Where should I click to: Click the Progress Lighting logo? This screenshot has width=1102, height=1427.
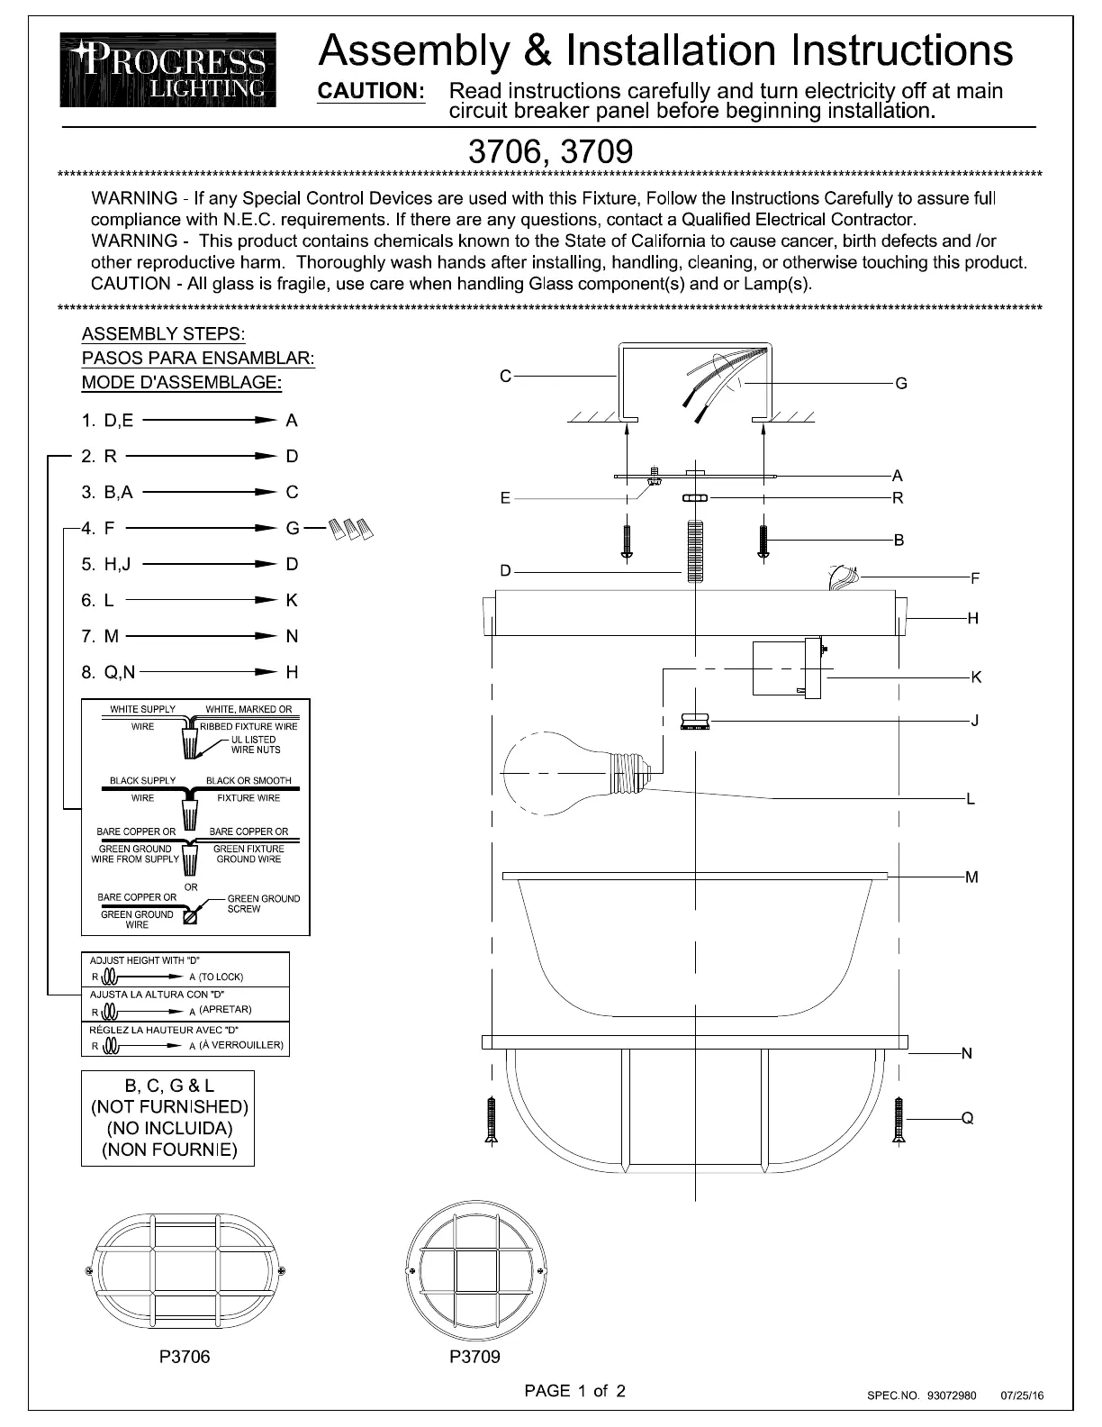pos(168,69)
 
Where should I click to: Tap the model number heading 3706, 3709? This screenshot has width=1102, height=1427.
pos(550,150)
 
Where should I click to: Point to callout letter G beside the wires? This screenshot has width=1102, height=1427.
pos(901,384)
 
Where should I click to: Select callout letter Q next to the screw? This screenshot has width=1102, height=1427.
pos(968,1119)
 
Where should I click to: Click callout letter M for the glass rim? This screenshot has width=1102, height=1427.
pos(971,877)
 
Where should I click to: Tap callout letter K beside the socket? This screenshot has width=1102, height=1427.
pos(977,677)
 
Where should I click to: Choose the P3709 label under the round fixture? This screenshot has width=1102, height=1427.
pos(474,1357)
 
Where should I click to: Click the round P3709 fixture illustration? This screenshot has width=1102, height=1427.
pos(476,1272)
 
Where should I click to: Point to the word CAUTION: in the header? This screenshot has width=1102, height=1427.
pos(372,91)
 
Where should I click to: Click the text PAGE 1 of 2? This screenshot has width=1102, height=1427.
pos(574,1390)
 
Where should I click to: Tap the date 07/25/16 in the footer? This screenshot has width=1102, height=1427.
pos(1022,1396)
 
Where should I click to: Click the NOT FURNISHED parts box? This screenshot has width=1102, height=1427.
pos(168,1118)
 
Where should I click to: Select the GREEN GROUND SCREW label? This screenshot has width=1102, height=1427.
pos(263,904)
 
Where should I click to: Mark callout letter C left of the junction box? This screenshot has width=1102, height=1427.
pos(506,376)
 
